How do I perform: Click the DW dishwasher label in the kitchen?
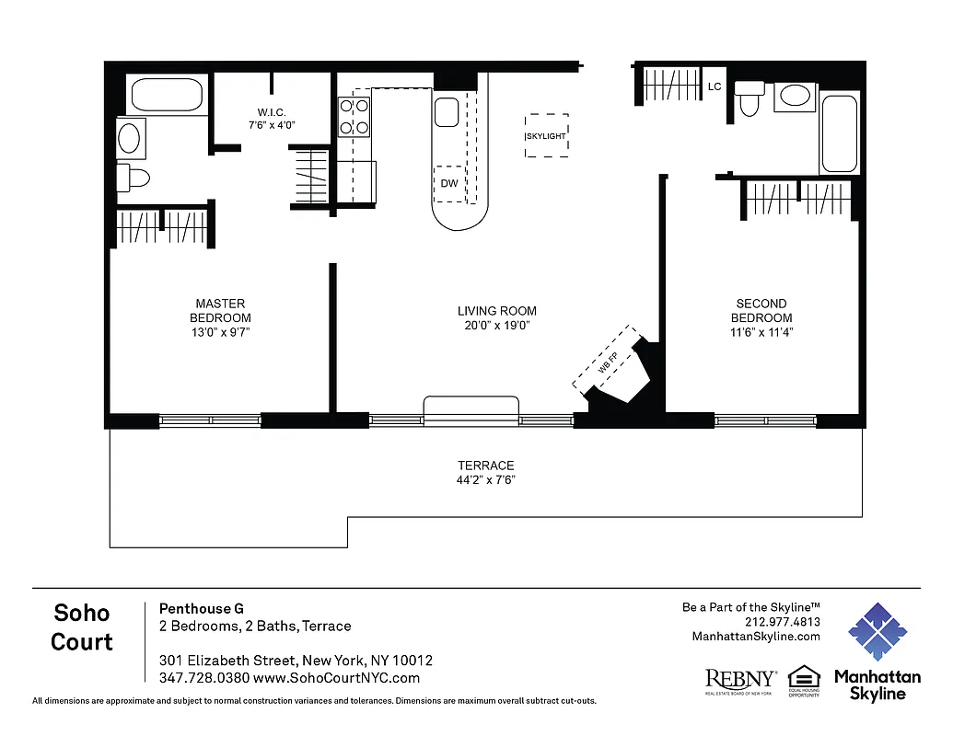coord(449,183)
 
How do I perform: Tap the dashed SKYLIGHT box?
coord(546,136)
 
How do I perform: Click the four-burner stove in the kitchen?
coord(354,116)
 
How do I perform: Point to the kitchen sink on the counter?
coord(447,113)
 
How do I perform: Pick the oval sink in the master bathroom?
coord(130,139)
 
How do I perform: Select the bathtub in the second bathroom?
coord(839,133)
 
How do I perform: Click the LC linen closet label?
coord(715,87)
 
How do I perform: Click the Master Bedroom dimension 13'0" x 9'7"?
coord(220,332)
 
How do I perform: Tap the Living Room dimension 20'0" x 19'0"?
coord(497,326)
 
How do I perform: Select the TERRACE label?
coord(486,466)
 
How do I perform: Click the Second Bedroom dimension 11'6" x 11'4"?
coord(761,332)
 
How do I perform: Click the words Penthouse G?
coord(202,608)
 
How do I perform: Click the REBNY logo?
coord(740,680)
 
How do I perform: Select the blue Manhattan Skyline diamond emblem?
coord(877,633)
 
